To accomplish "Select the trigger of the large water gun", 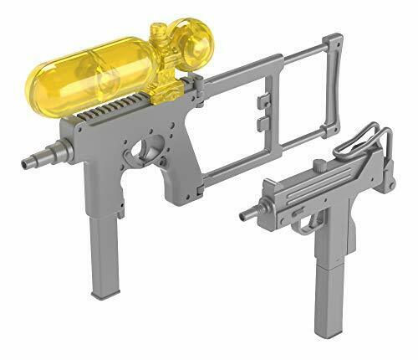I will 149,151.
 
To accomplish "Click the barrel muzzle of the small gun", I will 246,216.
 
